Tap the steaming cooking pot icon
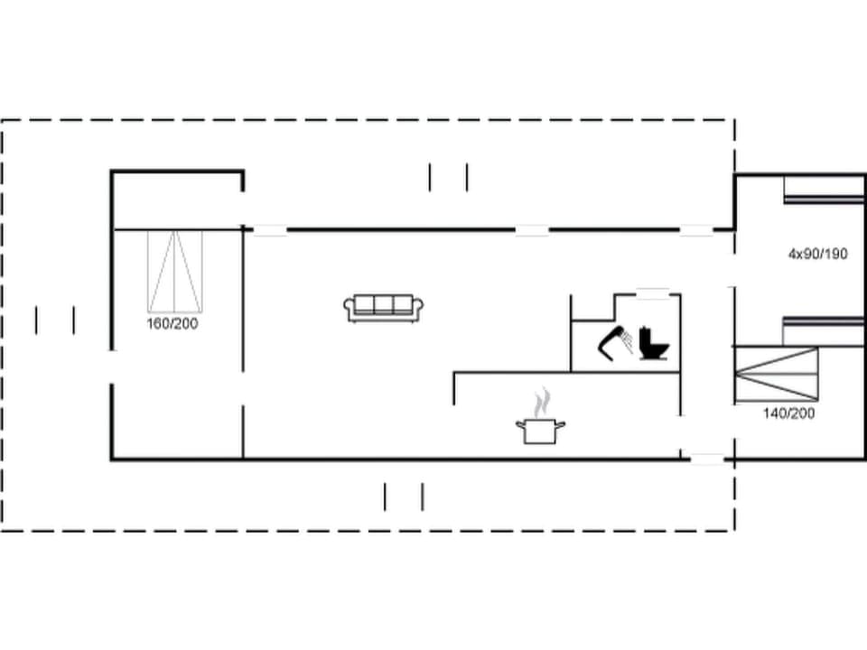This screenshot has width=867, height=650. pos(540,430)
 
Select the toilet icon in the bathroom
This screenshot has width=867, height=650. pos(652,344)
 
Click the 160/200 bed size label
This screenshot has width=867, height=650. pos(172,323)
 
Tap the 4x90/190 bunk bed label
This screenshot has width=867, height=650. pos(817,254)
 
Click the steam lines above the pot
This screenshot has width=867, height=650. pos(541,402)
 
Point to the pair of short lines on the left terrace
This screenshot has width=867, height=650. pos(55,320)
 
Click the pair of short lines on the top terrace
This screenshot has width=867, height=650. pos(449,177)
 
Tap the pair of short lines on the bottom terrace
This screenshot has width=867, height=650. pos(404,497)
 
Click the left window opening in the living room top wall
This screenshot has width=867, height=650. pos(269,230)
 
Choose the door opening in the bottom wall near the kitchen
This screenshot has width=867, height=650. pos(707,460)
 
